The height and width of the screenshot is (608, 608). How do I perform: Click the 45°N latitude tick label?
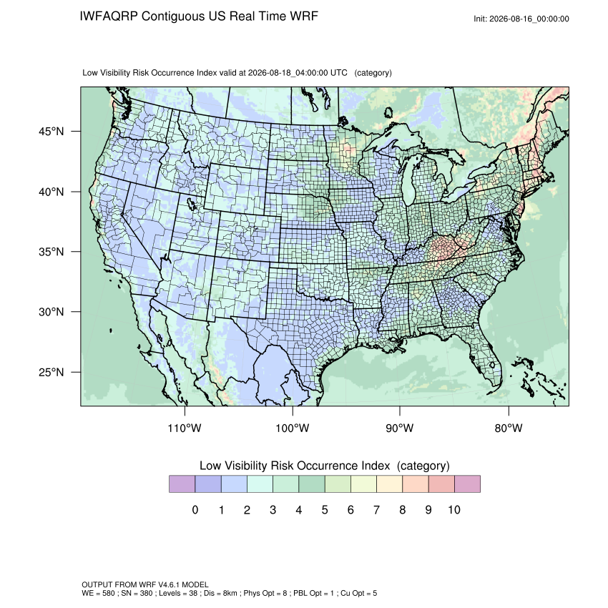pos(51,132)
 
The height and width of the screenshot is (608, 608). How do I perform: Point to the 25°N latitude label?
pos(51,372)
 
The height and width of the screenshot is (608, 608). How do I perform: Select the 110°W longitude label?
pos(185,428)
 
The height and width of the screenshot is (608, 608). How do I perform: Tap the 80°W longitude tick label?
pos(509,428)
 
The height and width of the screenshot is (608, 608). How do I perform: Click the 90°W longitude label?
pos(399,428)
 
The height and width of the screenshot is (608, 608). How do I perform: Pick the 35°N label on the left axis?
pos(51,252)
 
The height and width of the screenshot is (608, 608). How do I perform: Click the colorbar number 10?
pos(454,509)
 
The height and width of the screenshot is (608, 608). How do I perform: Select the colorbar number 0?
pos(195,509)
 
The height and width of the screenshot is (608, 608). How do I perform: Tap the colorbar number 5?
pos(325,509)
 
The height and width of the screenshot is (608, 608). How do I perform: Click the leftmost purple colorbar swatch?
pos(182,484)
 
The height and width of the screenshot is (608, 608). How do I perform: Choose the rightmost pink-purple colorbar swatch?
pos(467,484)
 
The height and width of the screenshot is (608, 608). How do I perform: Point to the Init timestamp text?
pos(521,19)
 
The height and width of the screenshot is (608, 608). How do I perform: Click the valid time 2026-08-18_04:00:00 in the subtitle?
pos(288,73)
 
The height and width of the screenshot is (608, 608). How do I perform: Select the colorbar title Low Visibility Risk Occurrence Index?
pos(295,466)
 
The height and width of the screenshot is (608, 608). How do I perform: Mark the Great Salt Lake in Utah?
pos(191,203)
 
